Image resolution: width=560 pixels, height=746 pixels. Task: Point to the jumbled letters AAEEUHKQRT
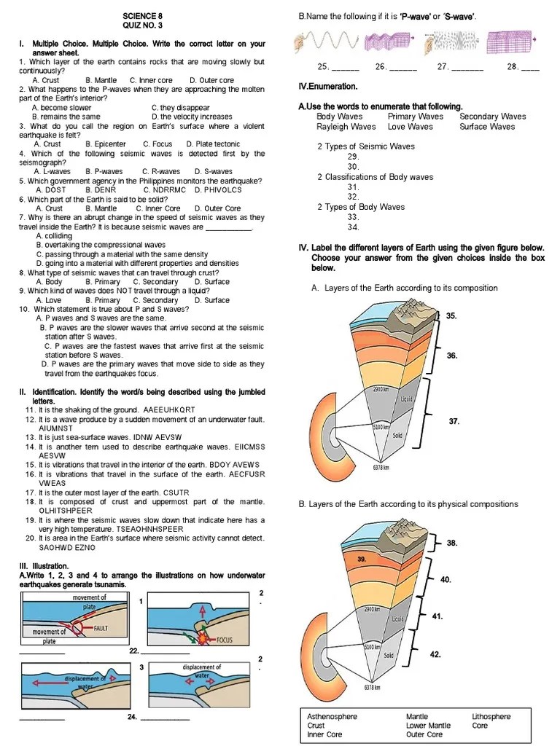(x=170, y=410)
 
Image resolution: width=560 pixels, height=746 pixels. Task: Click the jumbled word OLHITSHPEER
(x=66, y=511)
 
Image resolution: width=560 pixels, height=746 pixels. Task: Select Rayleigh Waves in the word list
(x=346, y=127)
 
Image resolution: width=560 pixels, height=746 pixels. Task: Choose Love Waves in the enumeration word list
(x=411, y=127)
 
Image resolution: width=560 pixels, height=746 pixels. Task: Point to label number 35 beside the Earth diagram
(x=451, y=316)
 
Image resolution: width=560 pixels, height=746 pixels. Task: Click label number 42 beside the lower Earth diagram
(x=435, y=654)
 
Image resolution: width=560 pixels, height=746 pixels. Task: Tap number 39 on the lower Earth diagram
(x=361, y=559)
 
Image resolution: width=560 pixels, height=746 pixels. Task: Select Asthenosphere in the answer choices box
(x=332, y=716)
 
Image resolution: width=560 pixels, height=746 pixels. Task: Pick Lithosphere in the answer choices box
(x=491, y=716)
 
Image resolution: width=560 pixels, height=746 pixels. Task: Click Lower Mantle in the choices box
(x=429, y=726)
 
